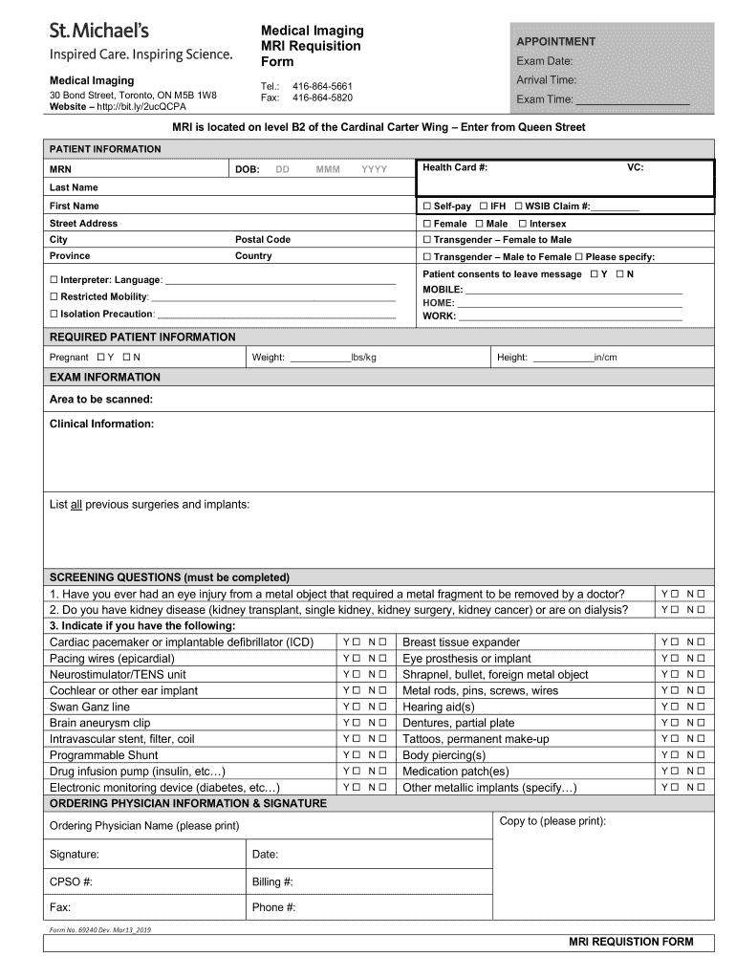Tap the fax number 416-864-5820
[x=322, y=98]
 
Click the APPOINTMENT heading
[x=555, y=42]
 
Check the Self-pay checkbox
[x=427, y=207]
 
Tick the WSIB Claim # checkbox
[x=518, y=207]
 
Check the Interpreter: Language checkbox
[x=54, y=280]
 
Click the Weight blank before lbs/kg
[x=319, y=359]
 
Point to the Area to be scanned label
[x=100, y=399]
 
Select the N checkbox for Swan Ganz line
[x=382, y=707]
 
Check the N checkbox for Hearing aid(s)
[x=701, y=707]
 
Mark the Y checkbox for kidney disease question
[x=675, y=610]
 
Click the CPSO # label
[x=71, y=881]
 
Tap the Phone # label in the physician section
[x=273, y=907]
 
